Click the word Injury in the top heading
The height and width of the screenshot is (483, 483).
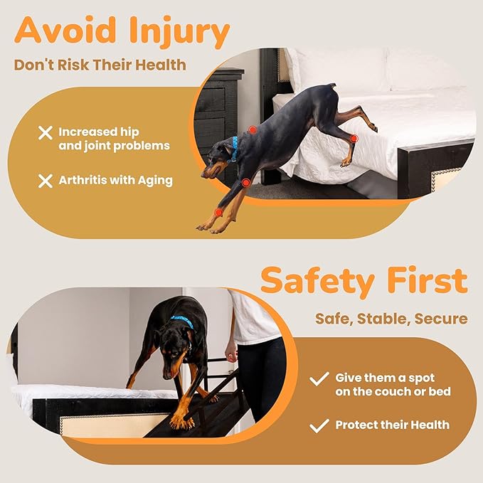pos(179,32)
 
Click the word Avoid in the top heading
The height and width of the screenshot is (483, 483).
pos(65,30)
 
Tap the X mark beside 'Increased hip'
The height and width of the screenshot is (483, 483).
pos(46,133)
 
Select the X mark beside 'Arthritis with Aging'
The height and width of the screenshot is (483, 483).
pos(46,181)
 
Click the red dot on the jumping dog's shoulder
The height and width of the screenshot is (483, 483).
pos(253,129)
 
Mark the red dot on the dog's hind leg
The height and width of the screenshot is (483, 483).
pos(354,139)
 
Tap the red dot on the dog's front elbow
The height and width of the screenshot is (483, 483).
pos(246,183)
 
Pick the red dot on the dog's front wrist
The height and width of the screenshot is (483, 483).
pos(218,212)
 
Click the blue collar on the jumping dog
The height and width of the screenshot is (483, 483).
pos(235,149)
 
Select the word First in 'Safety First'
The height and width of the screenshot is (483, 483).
pos(428,280)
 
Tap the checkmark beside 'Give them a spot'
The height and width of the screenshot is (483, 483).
pos(319,378)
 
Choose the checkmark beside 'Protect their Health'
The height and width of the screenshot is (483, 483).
pos(319,426)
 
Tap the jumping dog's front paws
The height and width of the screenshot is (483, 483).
pos(213,228)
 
